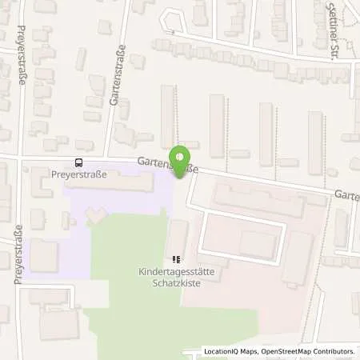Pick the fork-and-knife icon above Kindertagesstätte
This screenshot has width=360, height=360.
[x=176, y=259]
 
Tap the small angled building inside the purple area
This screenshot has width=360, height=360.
[x=95, y=214]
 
